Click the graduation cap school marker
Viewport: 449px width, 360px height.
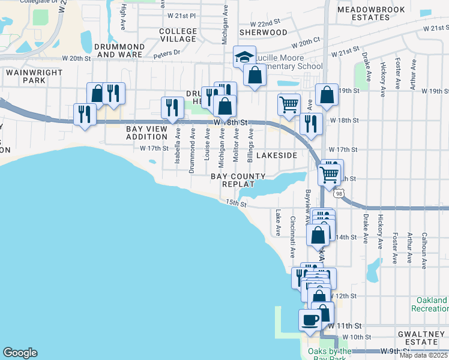tap(244, 58)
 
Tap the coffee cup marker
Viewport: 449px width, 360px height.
tap(310, 319)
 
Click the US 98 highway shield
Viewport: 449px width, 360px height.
tap(340, 193)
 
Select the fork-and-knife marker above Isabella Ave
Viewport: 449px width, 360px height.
tap(172, 108)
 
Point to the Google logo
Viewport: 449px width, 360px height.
tap(20, 353)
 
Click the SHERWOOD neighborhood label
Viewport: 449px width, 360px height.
tap(263, 32)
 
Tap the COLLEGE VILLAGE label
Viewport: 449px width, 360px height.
tap(178, 35)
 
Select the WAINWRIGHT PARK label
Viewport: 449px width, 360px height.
tap(26, 76)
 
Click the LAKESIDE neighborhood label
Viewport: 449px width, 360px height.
tap(277, 155)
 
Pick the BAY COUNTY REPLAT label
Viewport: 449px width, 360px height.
tap(238, 180)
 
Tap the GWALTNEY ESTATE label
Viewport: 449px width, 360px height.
tap(422, 337)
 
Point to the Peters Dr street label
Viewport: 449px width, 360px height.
tap(166, 53)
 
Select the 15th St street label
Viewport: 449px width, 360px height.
tap(237, 203)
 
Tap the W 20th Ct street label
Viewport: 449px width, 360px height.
tap(305, 43)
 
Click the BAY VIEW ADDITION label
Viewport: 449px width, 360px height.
tap(148, 133)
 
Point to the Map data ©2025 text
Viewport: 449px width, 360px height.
tap(423, 355)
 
